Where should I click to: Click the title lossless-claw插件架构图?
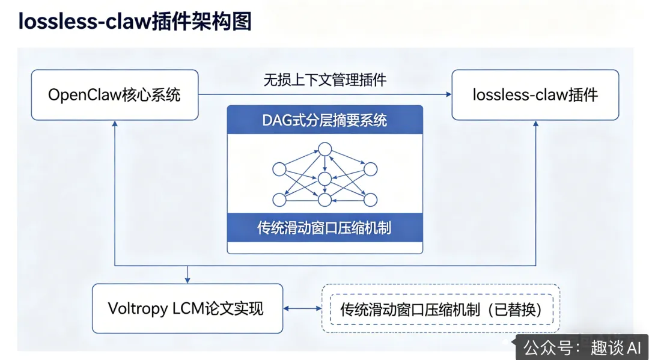pos(135,21)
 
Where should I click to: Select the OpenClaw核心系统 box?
pos(114,95)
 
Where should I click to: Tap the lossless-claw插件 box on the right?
pos(535,95)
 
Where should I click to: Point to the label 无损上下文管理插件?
pos(324,80)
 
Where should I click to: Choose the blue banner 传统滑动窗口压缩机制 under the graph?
pos(324,228)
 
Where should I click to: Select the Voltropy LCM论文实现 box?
pos(187,309)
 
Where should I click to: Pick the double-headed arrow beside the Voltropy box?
pos(303,309)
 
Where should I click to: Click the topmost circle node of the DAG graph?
pos(324,148)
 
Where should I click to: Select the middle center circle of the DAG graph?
pos(324,178)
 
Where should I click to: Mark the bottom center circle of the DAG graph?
pos(324,201)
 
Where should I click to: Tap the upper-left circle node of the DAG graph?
pos(279,169)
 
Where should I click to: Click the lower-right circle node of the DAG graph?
pos(370,200)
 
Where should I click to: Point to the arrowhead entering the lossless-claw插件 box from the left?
pos(448,94)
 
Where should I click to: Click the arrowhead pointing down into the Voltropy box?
pos(187,280)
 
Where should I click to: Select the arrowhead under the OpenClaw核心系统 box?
pos(114,123)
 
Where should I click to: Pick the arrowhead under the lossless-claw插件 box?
pos(535,123)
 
